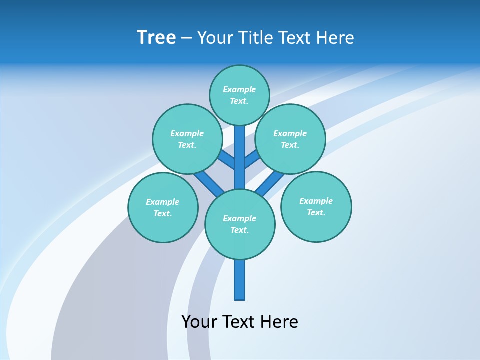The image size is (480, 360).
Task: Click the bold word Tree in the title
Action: coord(156,38)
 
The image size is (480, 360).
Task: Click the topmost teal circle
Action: coord(239,95)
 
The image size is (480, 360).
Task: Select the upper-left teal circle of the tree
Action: coord(187,139)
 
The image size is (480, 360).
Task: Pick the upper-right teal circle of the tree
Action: coord(290,139)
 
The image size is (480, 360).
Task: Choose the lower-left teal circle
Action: coord(163,207)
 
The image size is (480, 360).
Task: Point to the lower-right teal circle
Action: coord(316,206)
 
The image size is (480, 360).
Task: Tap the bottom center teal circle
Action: coord(240,224)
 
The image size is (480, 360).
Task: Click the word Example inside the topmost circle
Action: coord(239,89)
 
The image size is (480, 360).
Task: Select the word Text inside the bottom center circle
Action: coord(240,230)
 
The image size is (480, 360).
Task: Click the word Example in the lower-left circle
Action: coord(163,202)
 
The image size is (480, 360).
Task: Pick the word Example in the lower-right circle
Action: coord(316,201)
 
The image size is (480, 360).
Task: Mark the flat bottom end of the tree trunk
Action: coord(240,299)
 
